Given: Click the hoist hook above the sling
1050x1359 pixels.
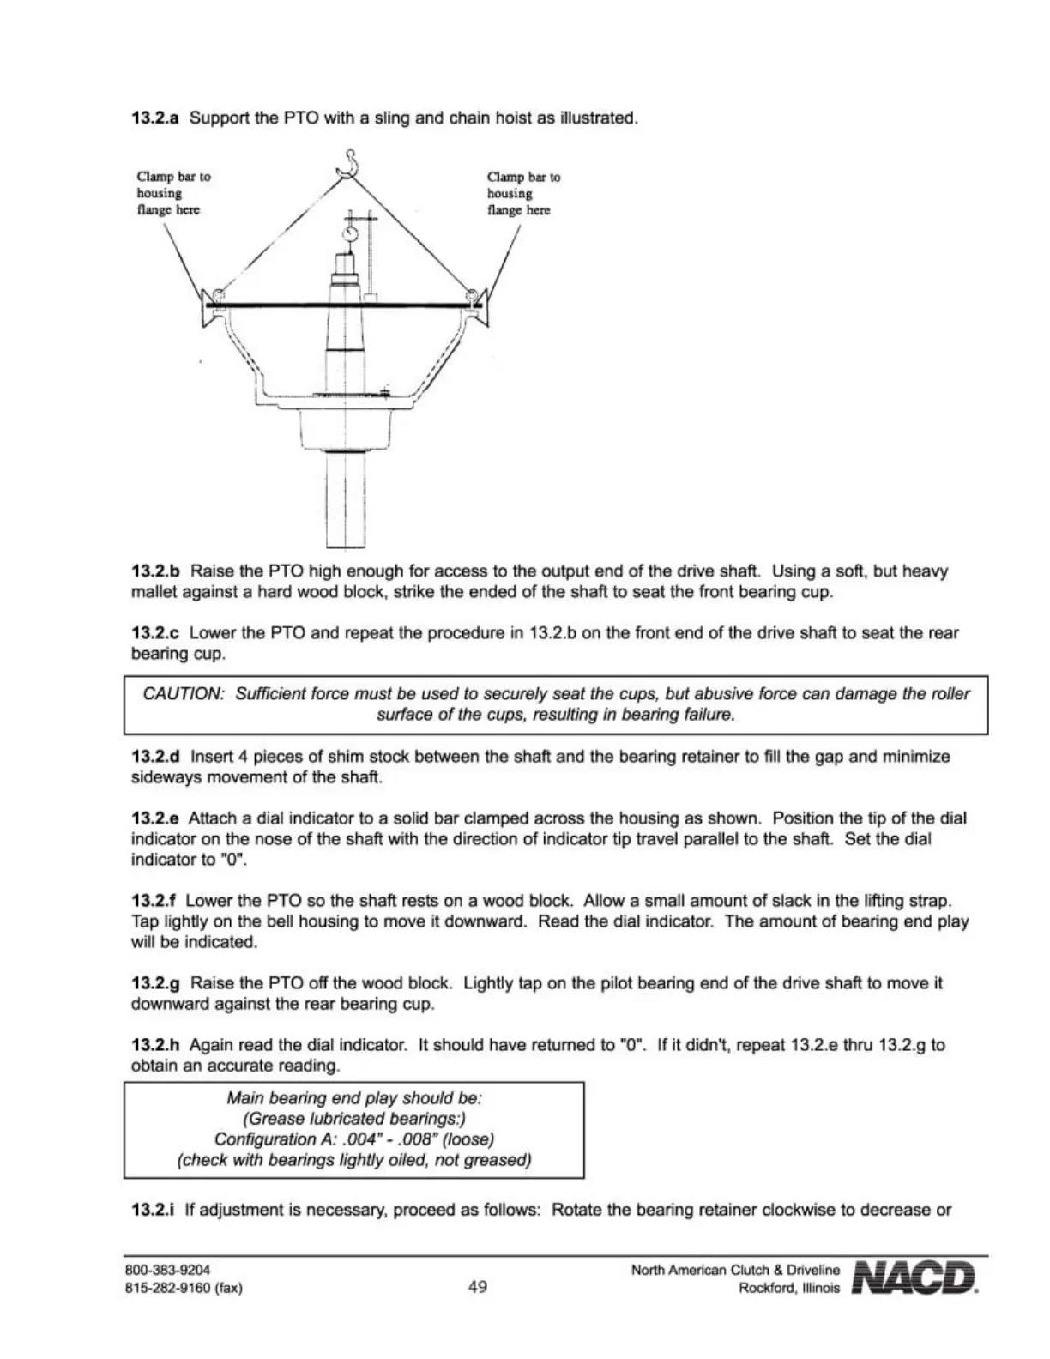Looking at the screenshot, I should click(x=348, y=163).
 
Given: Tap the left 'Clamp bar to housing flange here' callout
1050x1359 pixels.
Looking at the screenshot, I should click(x=173, y=193).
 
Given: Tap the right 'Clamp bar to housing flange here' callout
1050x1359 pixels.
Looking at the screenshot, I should click(x=523, y=193).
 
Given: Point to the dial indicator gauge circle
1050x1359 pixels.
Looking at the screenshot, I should click(x=349, y=233).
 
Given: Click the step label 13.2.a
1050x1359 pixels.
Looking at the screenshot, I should click(x=154, y=118).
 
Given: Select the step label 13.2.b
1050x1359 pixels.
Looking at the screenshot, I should click(x=155, y=571).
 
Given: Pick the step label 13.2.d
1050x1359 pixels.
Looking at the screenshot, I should click(x=155, y=757).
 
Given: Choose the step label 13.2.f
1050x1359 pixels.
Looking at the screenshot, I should click(x=154, y=901).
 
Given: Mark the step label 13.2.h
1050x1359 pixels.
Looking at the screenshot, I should click(x=155, y=1045).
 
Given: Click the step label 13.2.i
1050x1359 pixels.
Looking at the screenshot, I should click(x=153, y=1210).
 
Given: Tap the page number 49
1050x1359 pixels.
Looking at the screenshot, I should click(x=478, y=1286).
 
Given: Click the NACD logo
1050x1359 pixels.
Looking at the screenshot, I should click(x=914, y=1277).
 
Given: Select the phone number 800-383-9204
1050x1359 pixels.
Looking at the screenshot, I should click(x=167, y=1269).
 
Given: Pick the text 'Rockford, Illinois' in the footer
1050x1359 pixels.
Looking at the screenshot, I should click(x=789, y=1288).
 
